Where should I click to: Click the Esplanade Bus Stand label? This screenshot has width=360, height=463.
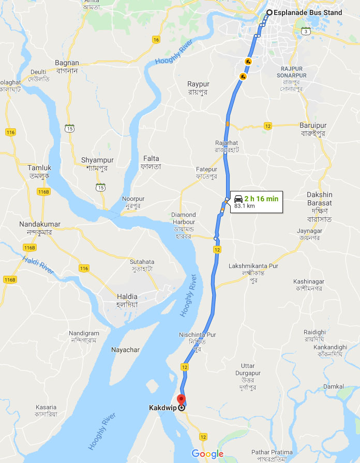[x=308, y=13]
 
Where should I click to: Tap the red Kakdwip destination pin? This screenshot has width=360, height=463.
[x=181, y=400]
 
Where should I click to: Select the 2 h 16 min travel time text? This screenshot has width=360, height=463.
[x=261, y=198]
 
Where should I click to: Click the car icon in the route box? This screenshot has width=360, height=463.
[x=238, y=199]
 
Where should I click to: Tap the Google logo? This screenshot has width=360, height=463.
[x=207, y=454]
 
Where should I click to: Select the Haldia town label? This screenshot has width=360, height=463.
[x=127, y=296]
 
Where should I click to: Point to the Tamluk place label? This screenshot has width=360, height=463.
[x=39, y=168]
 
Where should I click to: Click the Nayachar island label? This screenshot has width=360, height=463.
[x=125, y=350]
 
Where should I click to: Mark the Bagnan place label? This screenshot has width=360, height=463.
[x=67, y=63]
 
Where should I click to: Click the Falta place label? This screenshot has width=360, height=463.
[x=150, y=159]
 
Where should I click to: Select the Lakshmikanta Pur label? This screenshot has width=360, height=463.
[x=253, y=266]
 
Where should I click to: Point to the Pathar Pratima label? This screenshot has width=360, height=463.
[x=274, y=453]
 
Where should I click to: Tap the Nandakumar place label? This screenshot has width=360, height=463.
[x=40, y=224]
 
